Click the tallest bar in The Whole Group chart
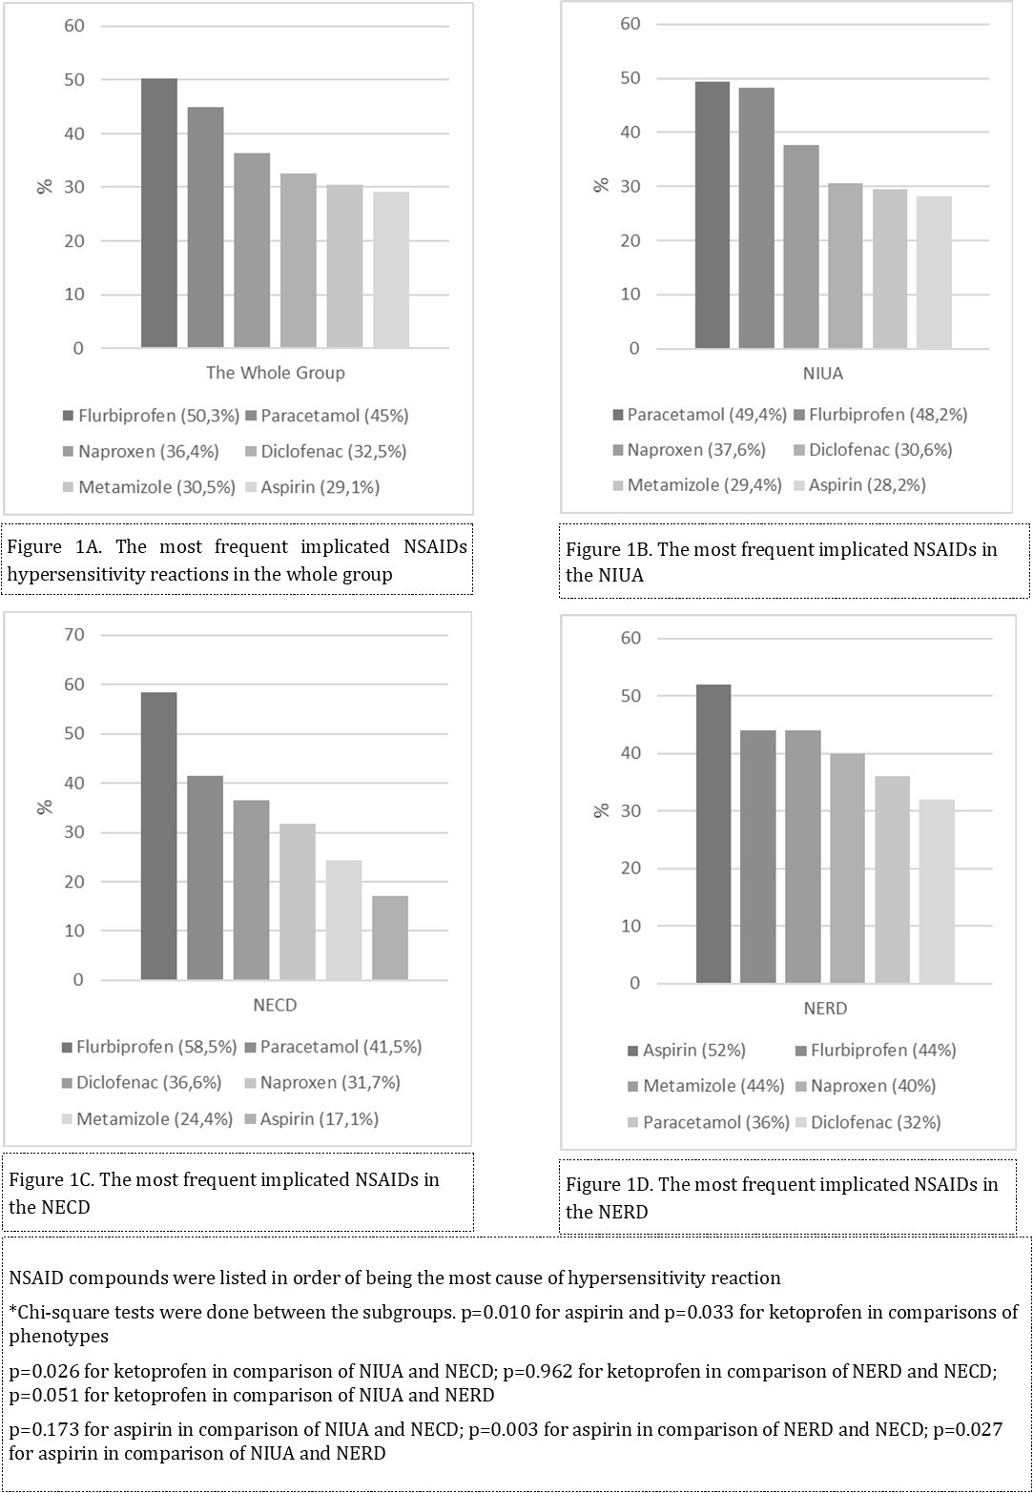pyautogui.click(x=158, y=213)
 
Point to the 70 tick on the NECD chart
pyautogui.click(x=74, y=635)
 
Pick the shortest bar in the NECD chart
pyautogui.click(x=390, y=938)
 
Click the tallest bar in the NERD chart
pyautogui.click(x=713, y=834)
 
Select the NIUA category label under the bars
pyautogui.click(x=823, y=374)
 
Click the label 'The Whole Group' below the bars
pyautogui.click(x=275, y=373)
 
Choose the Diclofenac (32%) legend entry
pyautogui.click(x=875, y=1122)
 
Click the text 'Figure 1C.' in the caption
pyautogui.click(x=52, y=1179)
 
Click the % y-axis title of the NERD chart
pyautogui.click(x=601, y=810)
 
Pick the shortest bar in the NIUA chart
pyautogui.click(x=934, y=272)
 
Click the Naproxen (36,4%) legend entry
pyautogui.click(x=142, y=451)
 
